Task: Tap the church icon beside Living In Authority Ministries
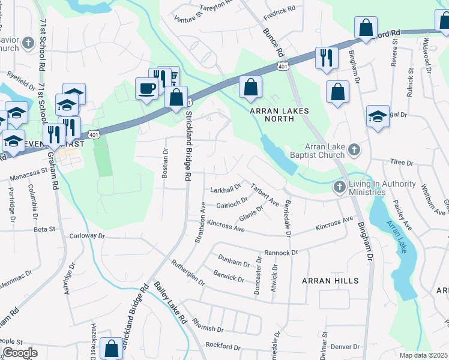tap(339, 187)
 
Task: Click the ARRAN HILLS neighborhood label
tap(330, 281)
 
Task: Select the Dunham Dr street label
tap(234, 263)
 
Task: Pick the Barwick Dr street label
tap(229, 276)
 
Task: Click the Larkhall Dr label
tap(225, 190)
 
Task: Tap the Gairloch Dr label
tap(232, 203)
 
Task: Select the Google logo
tap(20, 353)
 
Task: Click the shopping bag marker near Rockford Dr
tap(112, 349)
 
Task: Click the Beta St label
tap(44, 229)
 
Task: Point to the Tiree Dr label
tap(402, 163)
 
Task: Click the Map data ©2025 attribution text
tap(423, 355)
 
